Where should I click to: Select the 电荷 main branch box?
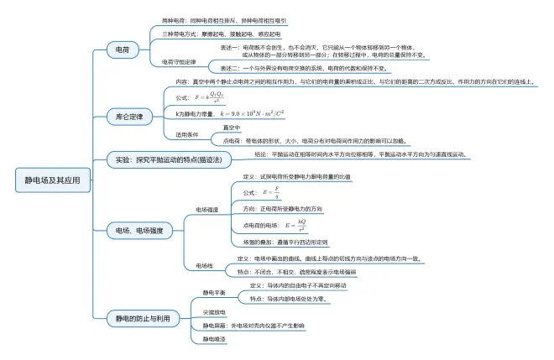coord(123,50)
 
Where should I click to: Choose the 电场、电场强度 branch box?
coord(138,229)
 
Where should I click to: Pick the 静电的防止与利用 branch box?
coord(143,318)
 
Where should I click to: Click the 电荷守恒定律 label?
coord(179,62)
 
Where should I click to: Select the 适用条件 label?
coord(186,134)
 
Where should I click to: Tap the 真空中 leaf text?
coord(231,128)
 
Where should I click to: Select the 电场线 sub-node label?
coord(205,265)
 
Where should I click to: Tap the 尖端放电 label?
coord(214,311)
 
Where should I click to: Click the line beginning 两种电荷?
coord(223,20)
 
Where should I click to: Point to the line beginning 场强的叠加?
coord(285,242)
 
